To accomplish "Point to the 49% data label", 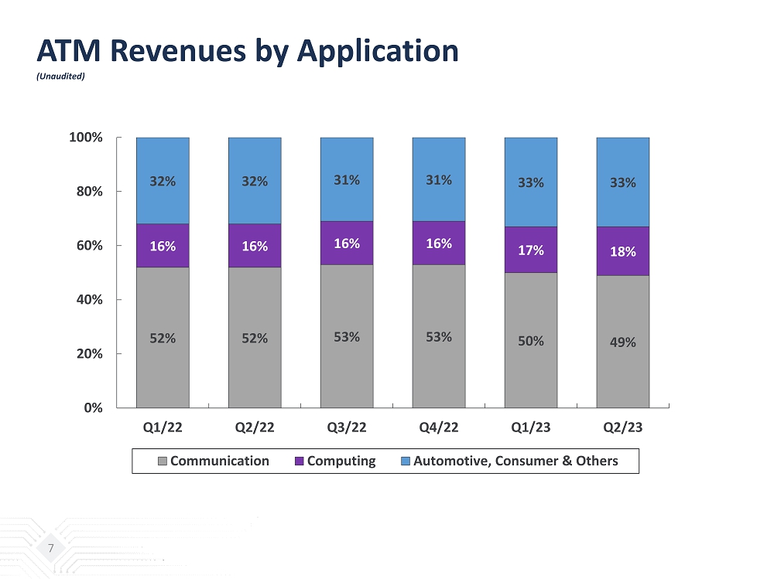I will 622,342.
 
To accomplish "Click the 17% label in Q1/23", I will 531,250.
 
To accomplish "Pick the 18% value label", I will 622,251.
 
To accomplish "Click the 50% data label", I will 531,340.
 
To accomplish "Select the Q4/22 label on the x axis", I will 439,427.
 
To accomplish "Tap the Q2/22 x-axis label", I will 255,427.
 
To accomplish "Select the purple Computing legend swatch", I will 300,461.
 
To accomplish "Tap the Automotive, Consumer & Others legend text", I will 515,461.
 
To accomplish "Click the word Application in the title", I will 378,51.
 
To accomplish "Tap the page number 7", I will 50,548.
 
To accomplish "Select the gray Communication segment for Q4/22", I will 439,337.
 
